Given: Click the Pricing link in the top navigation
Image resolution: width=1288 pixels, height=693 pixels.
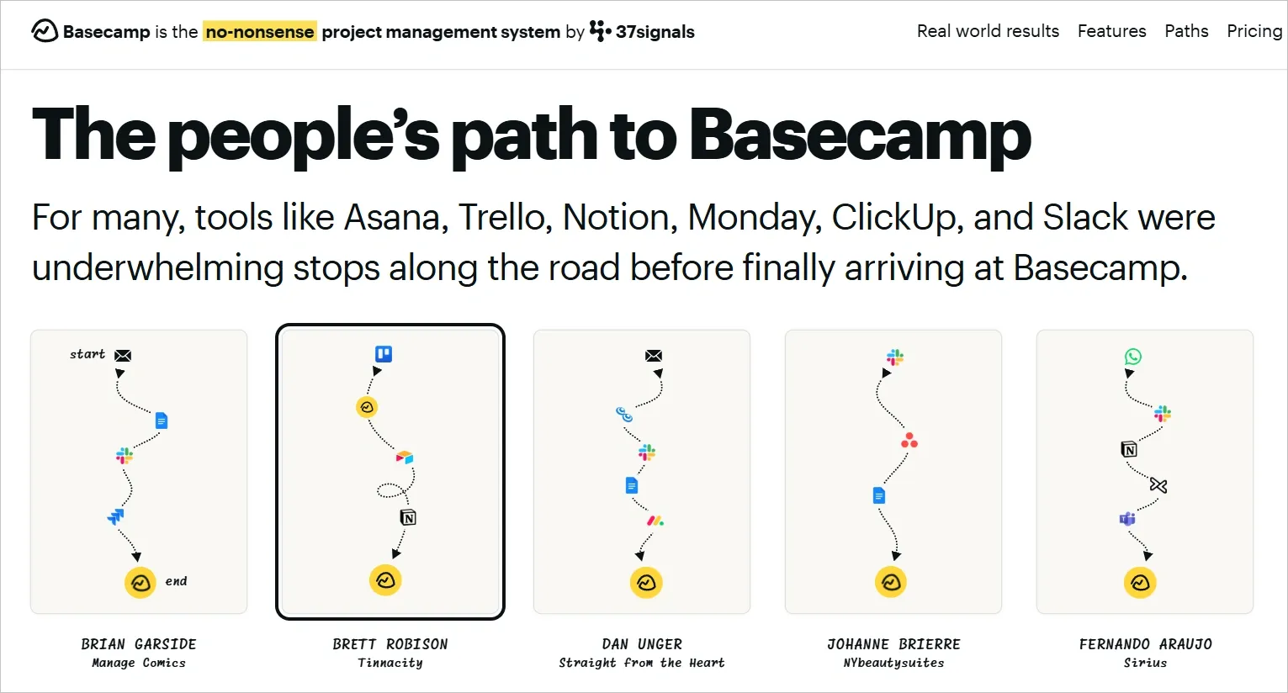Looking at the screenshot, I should (1254, 31).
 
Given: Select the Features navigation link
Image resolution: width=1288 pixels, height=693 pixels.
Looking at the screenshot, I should (1111, 31).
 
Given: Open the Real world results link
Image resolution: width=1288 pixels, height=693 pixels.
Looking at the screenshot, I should (988, 31).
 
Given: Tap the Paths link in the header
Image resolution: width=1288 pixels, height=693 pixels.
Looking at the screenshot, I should (1186, 31).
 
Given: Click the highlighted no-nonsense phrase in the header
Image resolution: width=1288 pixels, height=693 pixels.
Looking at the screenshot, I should (260, 32).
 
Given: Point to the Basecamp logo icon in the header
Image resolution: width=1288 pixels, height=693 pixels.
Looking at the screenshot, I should (45, 31).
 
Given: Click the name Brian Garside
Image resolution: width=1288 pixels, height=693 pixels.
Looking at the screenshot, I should (139, 644).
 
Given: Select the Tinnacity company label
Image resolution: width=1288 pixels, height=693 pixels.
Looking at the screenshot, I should (390, 663).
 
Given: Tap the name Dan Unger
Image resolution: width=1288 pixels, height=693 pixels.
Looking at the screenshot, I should (642, 644).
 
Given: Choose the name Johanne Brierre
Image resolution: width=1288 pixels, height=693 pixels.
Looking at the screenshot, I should (893, 644).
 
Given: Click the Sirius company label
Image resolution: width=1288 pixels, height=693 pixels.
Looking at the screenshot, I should (1145, 663).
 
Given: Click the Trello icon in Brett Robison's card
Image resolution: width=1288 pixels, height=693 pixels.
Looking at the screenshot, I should (384, 354).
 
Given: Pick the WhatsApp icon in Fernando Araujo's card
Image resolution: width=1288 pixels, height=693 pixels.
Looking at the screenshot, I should (1133, 357).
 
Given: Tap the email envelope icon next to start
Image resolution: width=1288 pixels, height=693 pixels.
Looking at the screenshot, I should (123, 356).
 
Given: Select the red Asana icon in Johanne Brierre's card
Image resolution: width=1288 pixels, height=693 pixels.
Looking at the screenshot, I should (909, 441).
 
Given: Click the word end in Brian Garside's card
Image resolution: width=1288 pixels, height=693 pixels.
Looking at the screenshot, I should (176, 581).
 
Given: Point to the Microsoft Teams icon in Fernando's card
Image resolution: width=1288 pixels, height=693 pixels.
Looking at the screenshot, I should (1127, 519).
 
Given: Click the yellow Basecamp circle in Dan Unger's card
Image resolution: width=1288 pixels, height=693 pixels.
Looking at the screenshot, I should (646, 582).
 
